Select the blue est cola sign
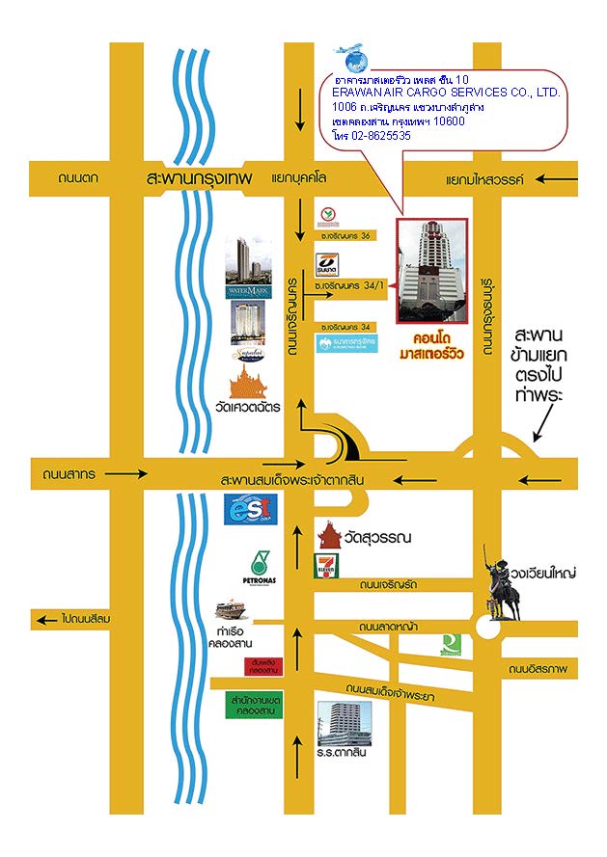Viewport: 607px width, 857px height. pyautogui.click(x=250, y=509)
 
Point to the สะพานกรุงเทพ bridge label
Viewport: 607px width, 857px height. pyautogui.click(x=193, y=178)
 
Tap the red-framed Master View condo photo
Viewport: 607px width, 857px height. pyautogui.click(x=431, y=269)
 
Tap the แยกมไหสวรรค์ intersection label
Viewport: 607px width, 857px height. pyautogui.click(x=484, y=179)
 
